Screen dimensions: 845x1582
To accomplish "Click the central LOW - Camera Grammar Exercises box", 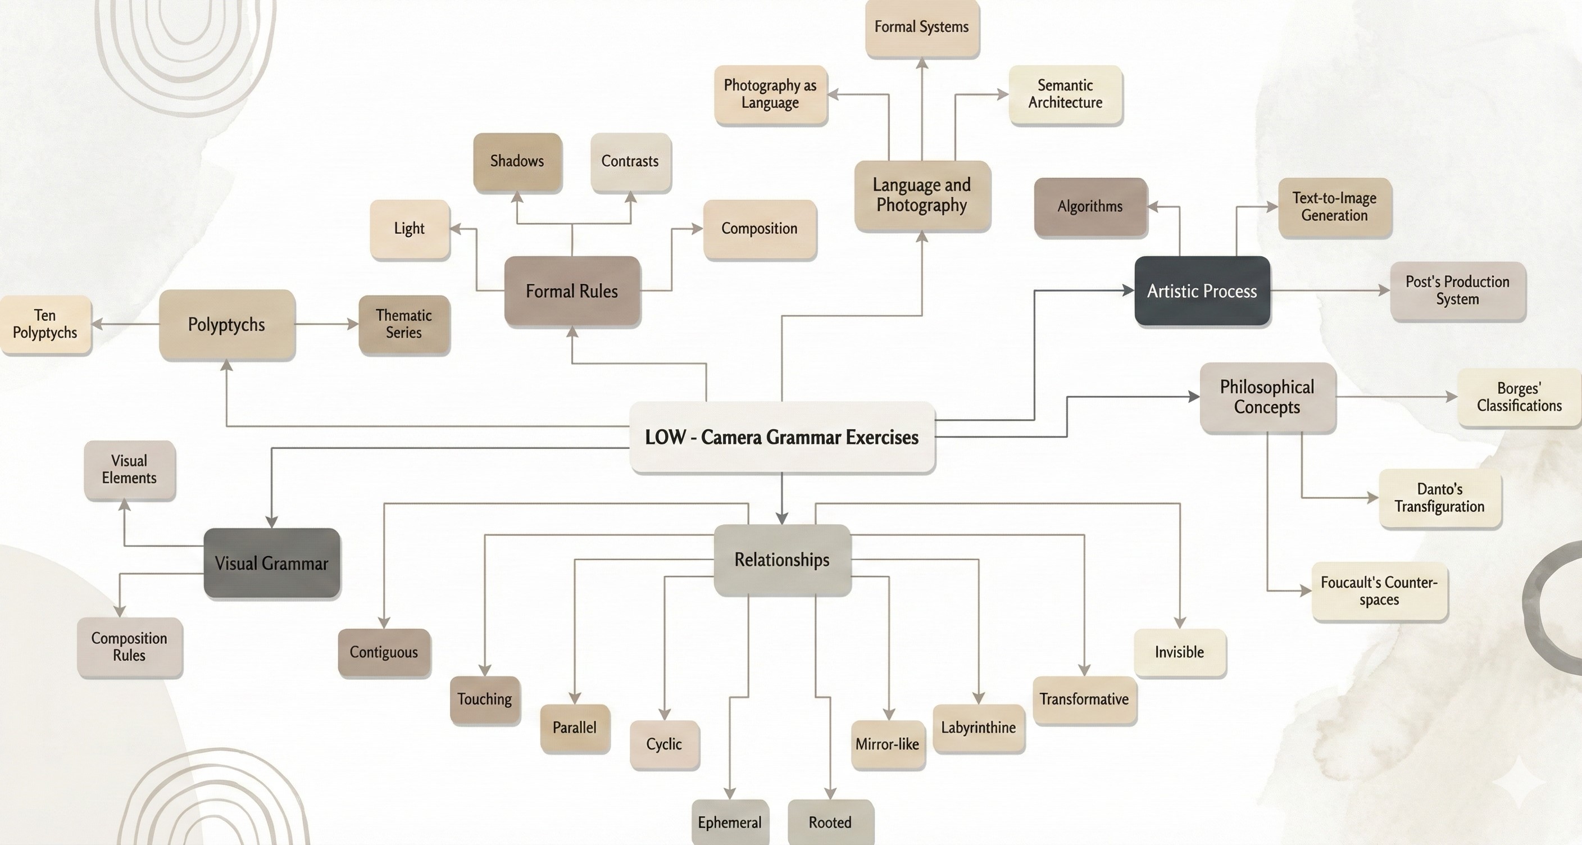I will [782, 437].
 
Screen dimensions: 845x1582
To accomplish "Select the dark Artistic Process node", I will [1202, 291].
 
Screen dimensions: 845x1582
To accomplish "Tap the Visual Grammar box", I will [271, 563].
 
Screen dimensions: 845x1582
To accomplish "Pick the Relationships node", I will [782, 560].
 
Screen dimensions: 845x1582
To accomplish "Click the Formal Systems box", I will [921, 28].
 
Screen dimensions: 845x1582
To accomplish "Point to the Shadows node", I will [517, 161].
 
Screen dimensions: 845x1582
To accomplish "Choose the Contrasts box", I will [630, 161].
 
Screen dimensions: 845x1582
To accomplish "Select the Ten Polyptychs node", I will [46, 324].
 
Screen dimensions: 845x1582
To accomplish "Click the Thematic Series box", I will [403, 324].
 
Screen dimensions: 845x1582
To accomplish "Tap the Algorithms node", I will [1090, 207].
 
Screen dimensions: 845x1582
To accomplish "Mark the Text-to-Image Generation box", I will [1334, 207].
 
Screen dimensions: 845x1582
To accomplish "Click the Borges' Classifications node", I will [1519, 397].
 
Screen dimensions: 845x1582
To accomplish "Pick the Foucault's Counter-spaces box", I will [1379, 590].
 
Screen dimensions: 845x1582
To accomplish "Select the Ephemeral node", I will [730, 823].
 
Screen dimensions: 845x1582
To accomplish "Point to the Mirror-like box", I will [888, 744].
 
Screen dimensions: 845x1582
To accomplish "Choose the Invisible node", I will [1179, 652].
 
